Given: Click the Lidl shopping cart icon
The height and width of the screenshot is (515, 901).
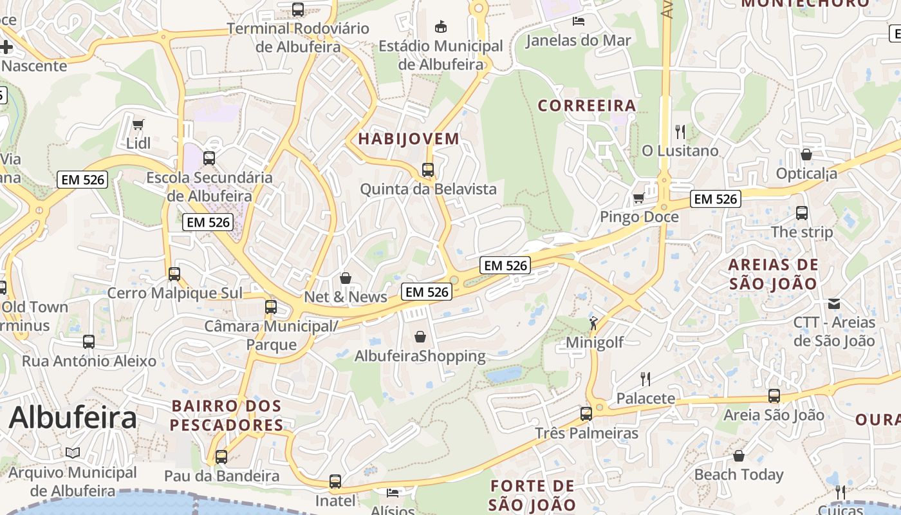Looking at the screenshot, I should [138, 124].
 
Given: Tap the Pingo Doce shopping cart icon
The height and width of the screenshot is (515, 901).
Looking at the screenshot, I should [638, 198].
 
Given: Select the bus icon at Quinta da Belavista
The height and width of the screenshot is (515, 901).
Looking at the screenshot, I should [428, 170].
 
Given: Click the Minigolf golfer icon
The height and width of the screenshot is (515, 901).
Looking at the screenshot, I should [593, 323].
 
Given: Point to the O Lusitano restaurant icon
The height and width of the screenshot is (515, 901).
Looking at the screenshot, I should [680, 132].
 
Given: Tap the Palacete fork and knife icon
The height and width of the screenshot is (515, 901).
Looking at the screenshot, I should [646, 379].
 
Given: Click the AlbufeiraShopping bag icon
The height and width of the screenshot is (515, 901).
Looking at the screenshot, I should [420, 337].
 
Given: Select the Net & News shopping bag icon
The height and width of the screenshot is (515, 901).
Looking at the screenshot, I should [346, 278].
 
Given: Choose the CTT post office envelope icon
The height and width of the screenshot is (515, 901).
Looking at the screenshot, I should [834, 303].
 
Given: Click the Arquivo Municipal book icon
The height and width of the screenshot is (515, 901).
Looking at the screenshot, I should [73, 453].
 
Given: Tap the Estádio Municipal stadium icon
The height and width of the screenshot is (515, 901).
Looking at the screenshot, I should [441, 27].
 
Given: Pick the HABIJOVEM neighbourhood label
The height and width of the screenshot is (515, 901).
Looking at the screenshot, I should [409, 138].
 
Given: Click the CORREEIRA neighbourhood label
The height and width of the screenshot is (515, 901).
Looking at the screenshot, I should [586, 106].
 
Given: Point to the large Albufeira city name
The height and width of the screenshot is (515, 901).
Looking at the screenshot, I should [73, 418].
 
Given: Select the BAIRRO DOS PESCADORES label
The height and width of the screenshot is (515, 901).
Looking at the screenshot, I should [227, 416].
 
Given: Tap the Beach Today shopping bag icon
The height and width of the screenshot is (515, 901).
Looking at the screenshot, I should [739, 456].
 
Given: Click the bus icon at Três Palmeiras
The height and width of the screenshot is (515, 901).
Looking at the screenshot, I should [586, 414].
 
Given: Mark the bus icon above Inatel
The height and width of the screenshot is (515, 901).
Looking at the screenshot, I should [335, 481].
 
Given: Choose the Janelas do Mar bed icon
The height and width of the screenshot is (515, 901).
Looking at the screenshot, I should [578, 21].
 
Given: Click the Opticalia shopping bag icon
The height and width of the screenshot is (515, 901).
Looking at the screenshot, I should [806, 154].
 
